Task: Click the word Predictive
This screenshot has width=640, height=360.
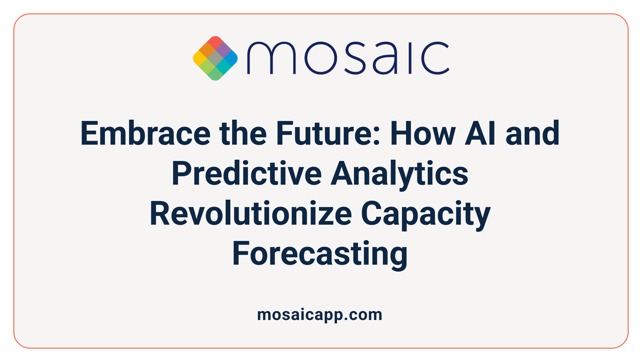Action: click(246, 174)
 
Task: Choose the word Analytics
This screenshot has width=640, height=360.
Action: click(399, 174)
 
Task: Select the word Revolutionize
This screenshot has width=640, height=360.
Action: click(251, 214)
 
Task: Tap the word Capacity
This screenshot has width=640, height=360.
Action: click(426, 214)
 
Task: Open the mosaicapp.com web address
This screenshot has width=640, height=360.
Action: click(320, 315)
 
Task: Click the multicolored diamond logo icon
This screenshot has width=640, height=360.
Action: click(215, 58)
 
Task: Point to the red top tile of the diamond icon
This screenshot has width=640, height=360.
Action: click(215, 42)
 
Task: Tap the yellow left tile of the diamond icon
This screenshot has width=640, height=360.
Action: click(199, 58)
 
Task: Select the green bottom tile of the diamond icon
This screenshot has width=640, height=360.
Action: click(215, 75)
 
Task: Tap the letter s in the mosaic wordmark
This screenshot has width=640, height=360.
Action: click(354, 58)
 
